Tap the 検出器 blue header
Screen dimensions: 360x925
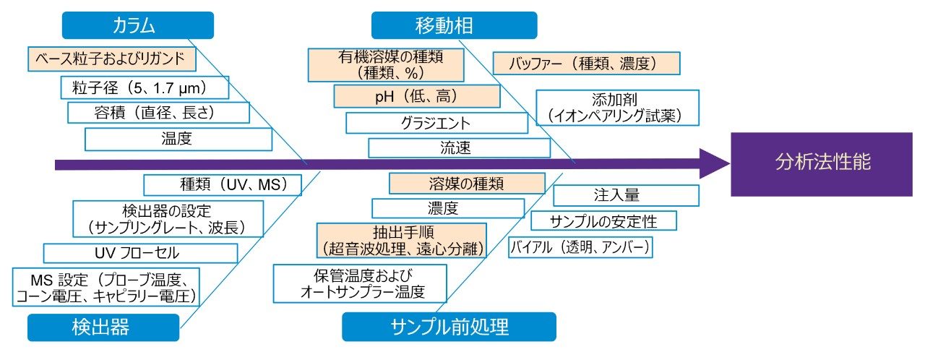(103, 327)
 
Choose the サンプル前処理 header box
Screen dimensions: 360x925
(449, 327)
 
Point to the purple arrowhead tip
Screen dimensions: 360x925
(729, 164)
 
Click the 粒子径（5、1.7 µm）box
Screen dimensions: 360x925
(145, 88)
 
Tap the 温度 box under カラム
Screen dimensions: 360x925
(178, 139)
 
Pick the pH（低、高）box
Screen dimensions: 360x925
(416, 95)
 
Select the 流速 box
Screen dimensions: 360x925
(459, 147)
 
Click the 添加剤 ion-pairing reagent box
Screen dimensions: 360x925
(617, 107)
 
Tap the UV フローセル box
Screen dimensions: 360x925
(140, 253)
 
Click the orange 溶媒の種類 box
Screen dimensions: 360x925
(466, 183)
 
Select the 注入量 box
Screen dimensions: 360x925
(626, 195)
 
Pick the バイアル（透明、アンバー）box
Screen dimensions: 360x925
(580, 247)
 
